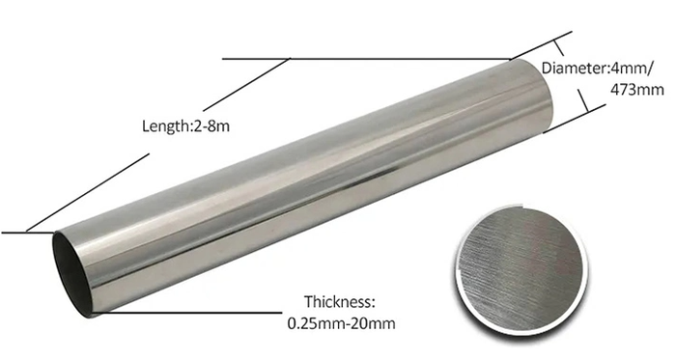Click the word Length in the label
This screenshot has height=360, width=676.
click(165, 126)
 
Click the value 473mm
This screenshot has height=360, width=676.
click(636, 90)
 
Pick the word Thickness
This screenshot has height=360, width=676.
click(340, 301)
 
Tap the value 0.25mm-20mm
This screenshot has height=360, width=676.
click(341, 323)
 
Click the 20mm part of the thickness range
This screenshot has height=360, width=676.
click(372, 323)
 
